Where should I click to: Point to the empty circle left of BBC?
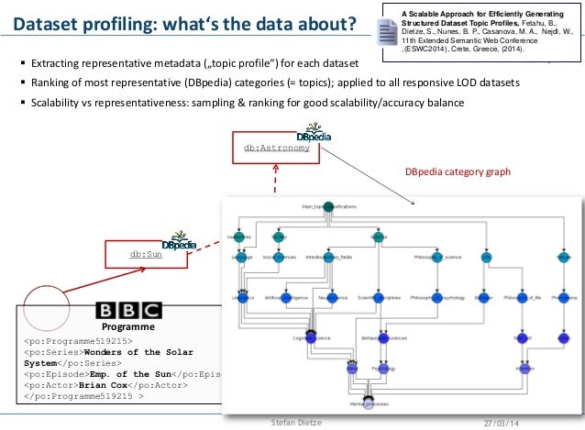click(x=45, y=309)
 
